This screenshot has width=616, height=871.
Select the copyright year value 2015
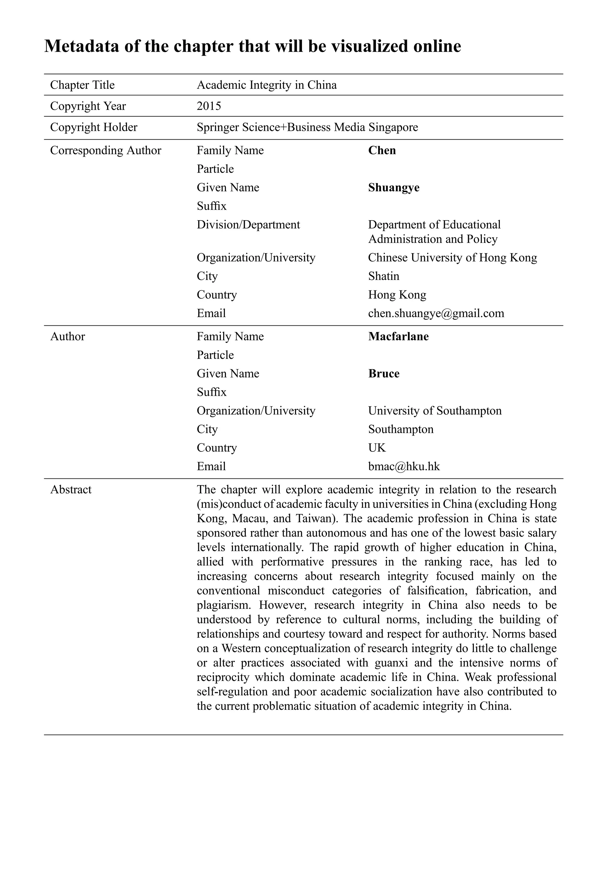point(209,106)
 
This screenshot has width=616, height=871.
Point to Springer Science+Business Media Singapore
point(307,127)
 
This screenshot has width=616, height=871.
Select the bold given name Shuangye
point(393,187)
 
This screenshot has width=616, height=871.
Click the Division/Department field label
point(248,225)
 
